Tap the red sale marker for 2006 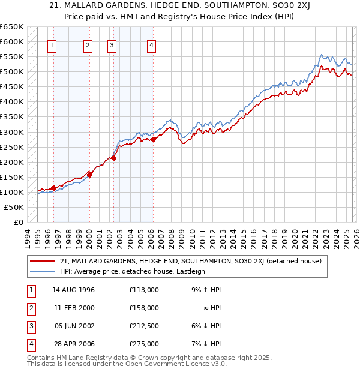point(153,139)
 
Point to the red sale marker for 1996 point(53,188)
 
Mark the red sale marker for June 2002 point(113,158)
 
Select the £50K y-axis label point(14,208)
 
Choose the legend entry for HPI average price point(133,271)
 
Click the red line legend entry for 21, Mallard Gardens point(191,261)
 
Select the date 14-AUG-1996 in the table point(73,290)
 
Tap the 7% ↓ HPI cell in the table point(206,344)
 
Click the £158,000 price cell point(143,308)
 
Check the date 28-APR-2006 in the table point(73,344)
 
